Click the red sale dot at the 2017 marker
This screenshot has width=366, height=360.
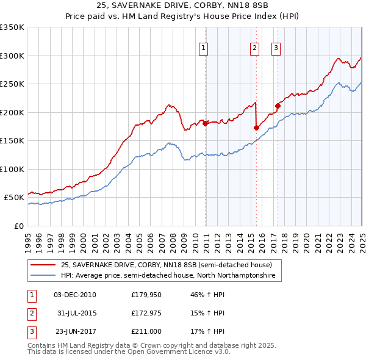[278, 106]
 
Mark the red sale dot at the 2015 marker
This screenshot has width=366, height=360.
[256, 128]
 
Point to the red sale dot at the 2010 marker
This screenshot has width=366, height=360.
[205, 123]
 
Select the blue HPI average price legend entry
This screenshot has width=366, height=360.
[168, 276]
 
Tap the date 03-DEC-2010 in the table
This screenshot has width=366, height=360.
[75, 295]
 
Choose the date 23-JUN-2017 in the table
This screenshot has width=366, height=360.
[75, 331]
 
